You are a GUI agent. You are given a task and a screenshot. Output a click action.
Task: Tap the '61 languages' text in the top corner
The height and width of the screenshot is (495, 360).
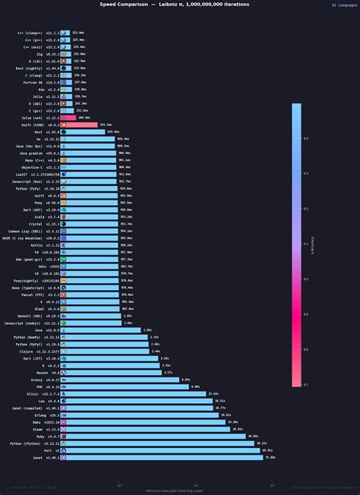coord(343,5)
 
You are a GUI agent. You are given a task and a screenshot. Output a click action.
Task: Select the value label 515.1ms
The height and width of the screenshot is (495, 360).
coord(106,125)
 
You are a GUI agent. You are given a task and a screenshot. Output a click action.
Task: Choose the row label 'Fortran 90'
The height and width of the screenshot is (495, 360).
coord(33,82)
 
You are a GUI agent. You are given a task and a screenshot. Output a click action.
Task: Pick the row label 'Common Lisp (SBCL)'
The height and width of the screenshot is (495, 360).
coord(25,231)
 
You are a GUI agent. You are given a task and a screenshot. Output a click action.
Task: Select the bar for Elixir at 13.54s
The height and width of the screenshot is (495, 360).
coord(134,393)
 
